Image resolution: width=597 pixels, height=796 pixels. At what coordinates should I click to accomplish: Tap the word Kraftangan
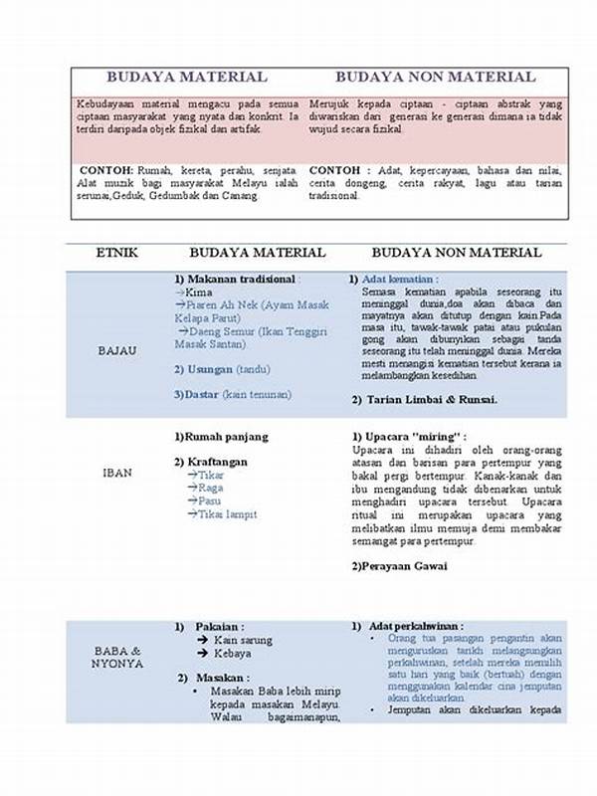coord(224,462)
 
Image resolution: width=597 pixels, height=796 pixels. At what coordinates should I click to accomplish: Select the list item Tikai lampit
coord(228,514)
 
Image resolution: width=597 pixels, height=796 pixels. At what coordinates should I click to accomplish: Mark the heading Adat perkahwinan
coord(410,625)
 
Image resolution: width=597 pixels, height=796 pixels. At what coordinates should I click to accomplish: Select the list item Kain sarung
coord(243,640)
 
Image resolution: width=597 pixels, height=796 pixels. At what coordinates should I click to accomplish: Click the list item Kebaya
coord(231,653)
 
